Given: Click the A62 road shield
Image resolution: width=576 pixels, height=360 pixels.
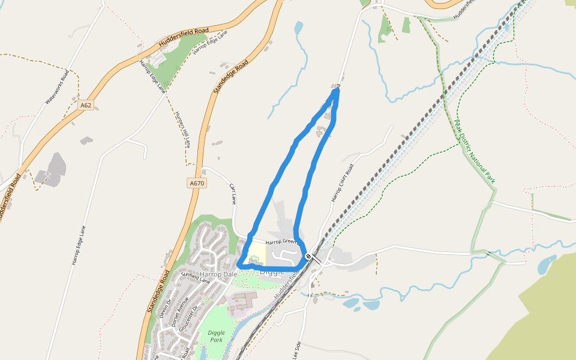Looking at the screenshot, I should coord(86,105).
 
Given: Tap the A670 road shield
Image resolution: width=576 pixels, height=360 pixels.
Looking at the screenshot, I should coord(197,184).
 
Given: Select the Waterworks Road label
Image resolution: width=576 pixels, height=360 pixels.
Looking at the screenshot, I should coord(58,88).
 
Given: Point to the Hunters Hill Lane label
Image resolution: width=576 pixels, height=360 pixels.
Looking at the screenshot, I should coord(182,130).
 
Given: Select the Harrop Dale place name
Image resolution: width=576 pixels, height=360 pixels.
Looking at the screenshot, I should coord(219,274).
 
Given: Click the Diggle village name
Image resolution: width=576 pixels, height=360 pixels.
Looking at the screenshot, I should coord(272,272).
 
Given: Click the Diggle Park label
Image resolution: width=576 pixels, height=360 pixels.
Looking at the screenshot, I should coord(216,336).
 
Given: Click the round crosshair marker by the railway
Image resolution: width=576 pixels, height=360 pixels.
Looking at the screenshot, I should coord(308,257).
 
